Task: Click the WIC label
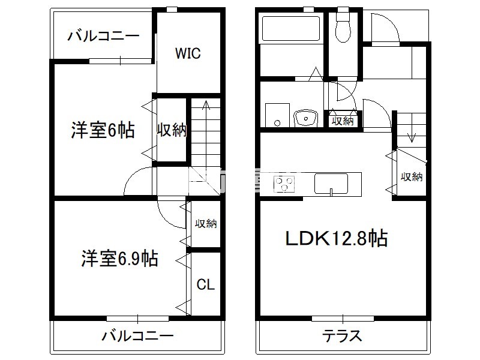click(188, 53)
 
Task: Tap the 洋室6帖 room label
click(103, 130)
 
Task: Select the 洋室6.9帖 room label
click(120, 259)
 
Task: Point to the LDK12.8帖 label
click(336, 239)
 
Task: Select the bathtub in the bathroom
click(292, 28)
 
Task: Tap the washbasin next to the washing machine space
click(307, 118)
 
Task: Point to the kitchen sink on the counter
click(331, 184)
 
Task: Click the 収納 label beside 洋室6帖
click(172, 130)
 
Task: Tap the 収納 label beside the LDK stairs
click(412, 176)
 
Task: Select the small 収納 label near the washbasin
click(343, 121)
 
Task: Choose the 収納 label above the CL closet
click(205, 224)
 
